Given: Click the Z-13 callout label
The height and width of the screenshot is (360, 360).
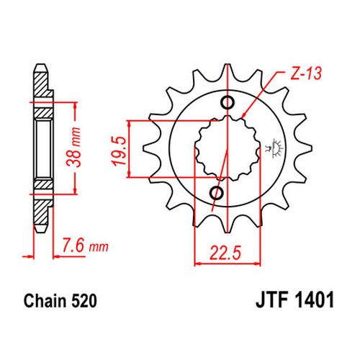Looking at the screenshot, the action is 306,73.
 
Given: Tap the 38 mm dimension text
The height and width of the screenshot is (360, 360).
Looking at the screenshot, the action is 74,147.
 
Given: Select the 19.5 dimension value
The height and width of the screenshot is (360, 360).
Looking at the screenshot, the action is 120,150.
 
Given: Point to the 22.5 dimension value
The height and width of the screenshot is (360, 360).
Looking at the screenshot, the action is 225,253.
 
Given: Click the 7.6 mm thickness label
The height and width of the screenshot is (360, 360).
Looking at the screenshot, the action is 85,246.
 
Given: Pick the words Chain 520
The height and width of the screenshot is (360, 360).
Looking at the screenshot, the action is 60,301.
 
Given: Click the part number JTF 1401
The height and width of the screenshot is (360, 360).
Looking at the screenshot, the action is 294,300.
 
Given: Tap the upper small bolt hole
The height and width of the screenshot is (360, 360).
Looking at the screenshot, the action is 228,103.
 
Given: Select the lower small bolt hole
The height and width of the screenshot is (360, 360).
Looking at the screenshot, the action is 217,192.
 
